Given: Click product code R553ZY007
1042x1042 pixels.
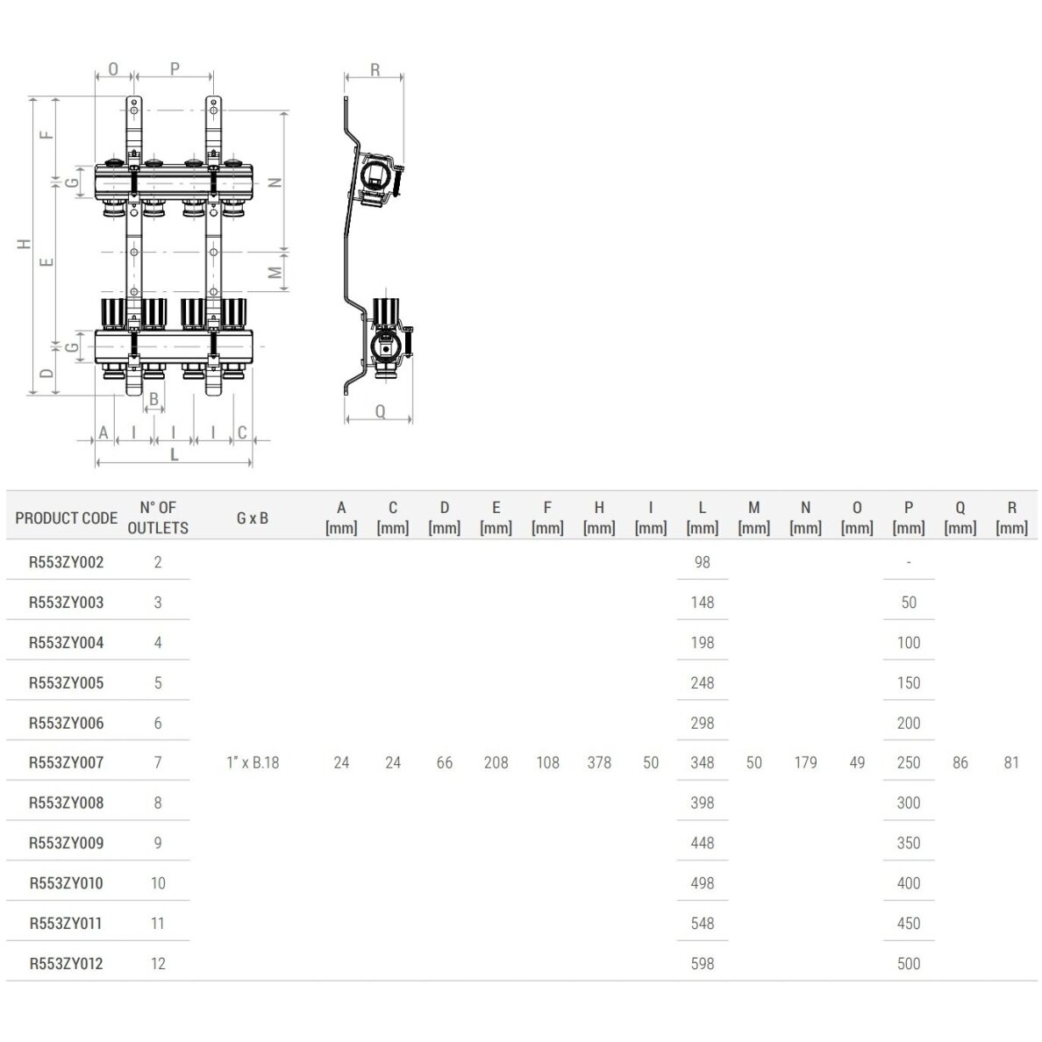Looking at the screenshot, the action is tap(66, 762).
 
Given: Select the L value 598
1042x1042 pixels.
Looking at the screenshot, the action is tap(702, 963).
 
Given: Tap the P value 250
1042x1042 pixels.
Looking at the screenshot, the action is tap(909, 762).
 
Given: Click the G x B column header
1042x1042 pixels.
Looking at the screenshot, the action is tap(253, 517).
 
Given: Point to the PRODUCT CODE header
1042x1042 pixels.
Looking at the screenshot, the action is tap(66, 517).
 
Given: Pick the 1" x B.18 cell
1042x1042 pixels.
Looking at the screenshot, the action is tap(253, 762).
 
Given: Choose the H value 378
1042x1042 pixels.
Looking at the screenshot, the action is tap(599, 762).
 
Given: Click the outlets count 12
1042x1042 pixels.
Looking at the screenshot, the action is tap(158, 963).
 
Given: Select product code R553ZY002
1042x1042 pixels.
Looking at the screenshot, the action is tap(66, 562).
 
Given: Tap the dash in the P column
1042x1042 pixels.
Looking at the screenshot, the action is tap(909, 562).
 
